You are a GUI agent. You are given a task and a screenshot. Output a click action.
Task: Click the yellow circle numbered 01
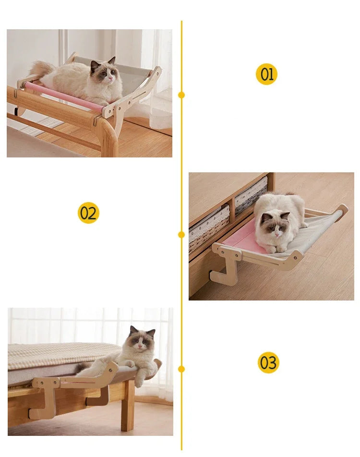[266, 74]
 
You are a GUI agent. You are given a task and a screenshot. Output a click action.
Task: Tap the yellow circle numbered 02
[88, 213]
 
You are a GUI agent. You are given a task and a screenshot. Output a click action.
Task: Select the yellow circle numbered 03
[268, 362]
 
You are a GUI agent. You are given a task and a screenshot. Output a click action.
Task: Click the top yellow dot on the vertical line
[181, 95]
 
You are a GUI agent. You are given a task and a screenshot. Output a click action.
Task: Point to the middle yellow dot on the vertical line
[181, 234]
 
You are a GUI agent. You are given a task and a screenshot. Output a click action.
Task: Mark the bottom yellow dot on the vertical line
[181, 369]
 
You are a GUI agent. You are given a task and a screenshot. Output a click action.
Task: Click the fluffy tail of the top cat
[42, 70]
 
